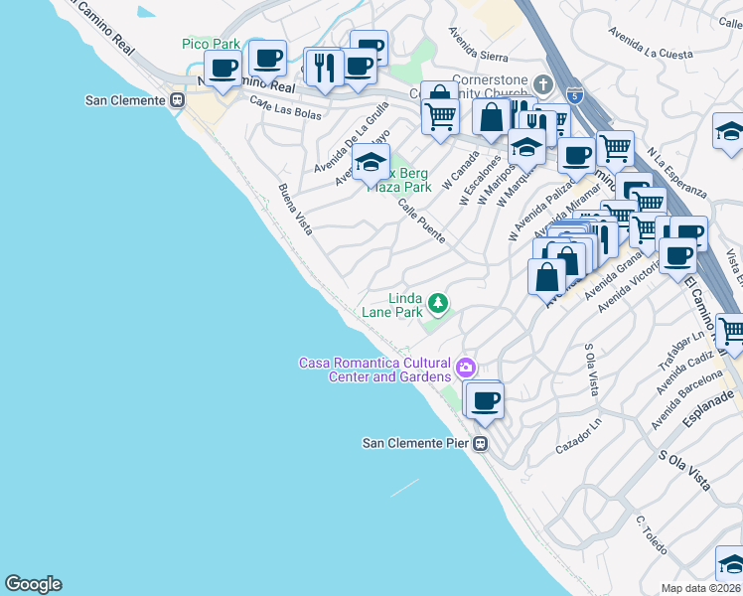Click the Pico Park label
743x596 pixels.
coord(212,44)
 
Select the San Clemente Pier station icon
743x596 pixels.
coord(481,444)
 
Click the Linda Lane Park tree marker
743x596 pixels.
coord(436,302)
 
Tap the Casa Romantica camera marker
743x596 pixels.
coord(464,370)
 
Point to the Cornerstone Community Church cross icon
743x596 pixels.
coord(542,82)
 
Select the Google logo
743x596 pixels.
coord(33,584)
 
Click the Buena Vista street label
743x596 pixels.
coord(295,210)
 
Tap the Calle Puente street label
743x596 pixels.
coord(421,222)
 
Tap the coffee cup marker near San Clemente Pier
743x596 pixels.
coord(485,399)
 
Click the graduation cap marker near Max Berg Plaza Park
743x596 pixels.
coord(371,162)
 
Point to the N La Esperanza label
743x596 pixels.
coord(675,172)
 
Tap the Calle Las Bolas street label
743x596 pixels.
coord(285,108)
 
